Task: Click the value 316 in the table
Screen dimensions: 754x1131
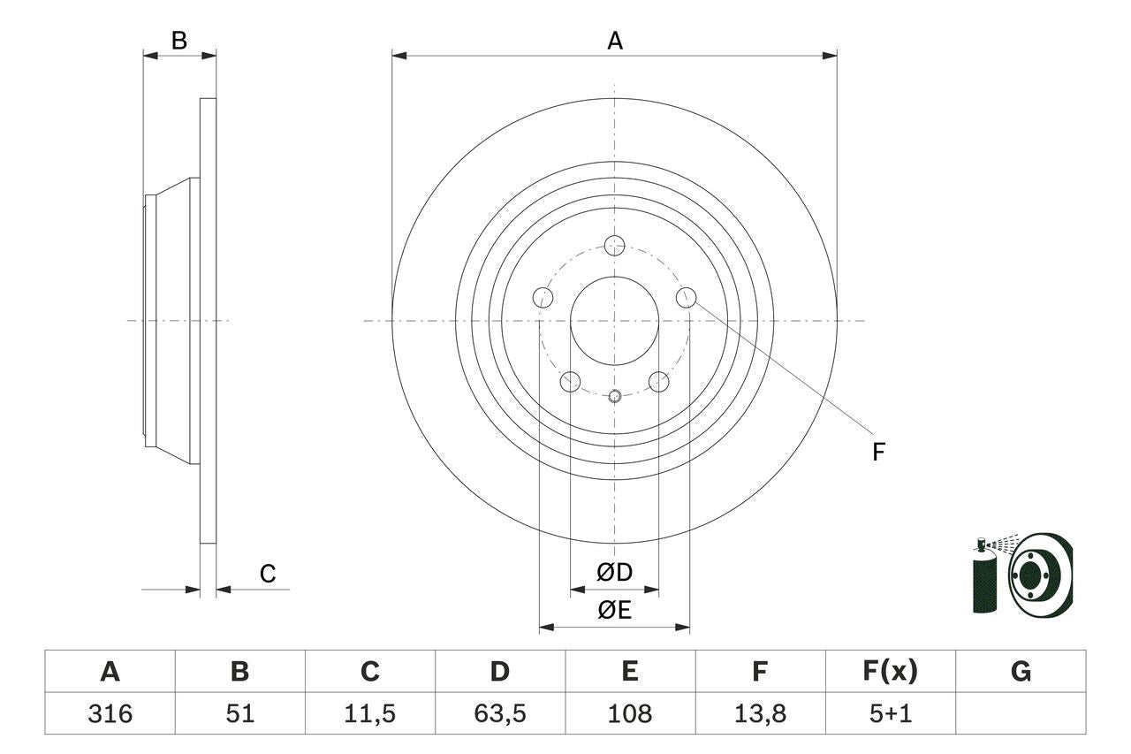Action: tap(110, 713)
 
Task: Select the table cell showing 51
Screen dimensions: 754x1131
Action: tap(239, 713)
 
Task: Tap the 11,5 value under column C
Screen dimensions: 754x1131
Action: tap(369, 713)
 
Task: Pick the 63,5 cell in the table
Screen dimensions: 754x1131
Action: tap(499, 713)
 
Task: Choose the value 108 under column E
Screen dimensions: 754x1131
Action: tap(629, 713)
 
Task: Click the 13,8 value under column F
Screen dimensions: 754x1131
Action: tap(759, 713)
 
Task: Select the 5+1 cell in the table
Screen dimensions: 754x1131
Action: tap(890, 713)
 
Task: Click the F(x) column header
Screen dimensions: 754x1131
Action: tap(890, 672)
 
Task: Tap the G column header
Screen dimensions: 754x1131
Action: tap(1021, 672)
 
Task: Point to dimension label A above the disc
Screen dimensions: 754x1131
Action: tap(614, 41)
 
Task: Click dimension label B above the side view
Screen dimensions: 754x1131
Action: tap(179, 41)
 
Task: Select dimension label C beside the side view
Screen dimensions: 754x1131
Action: tap(268, 575)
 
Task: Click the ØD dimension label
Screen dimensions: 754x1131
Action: tap(614, 573)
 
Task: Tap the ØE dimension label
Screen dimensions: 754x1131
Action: tap(614, 610)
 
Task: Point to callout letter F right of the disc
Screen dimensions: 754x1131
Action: tap(878, 453)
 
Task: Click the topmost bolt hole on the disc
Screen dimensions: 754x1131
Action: tap(614, 245)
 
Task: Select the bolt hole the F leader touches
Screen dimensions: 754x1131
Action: tap(687, 298)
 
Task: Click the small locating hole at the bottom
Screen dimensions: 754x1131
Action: tap(615, 396)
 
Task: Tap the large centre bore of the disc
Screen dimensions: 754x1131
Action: tap(614, 320)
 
